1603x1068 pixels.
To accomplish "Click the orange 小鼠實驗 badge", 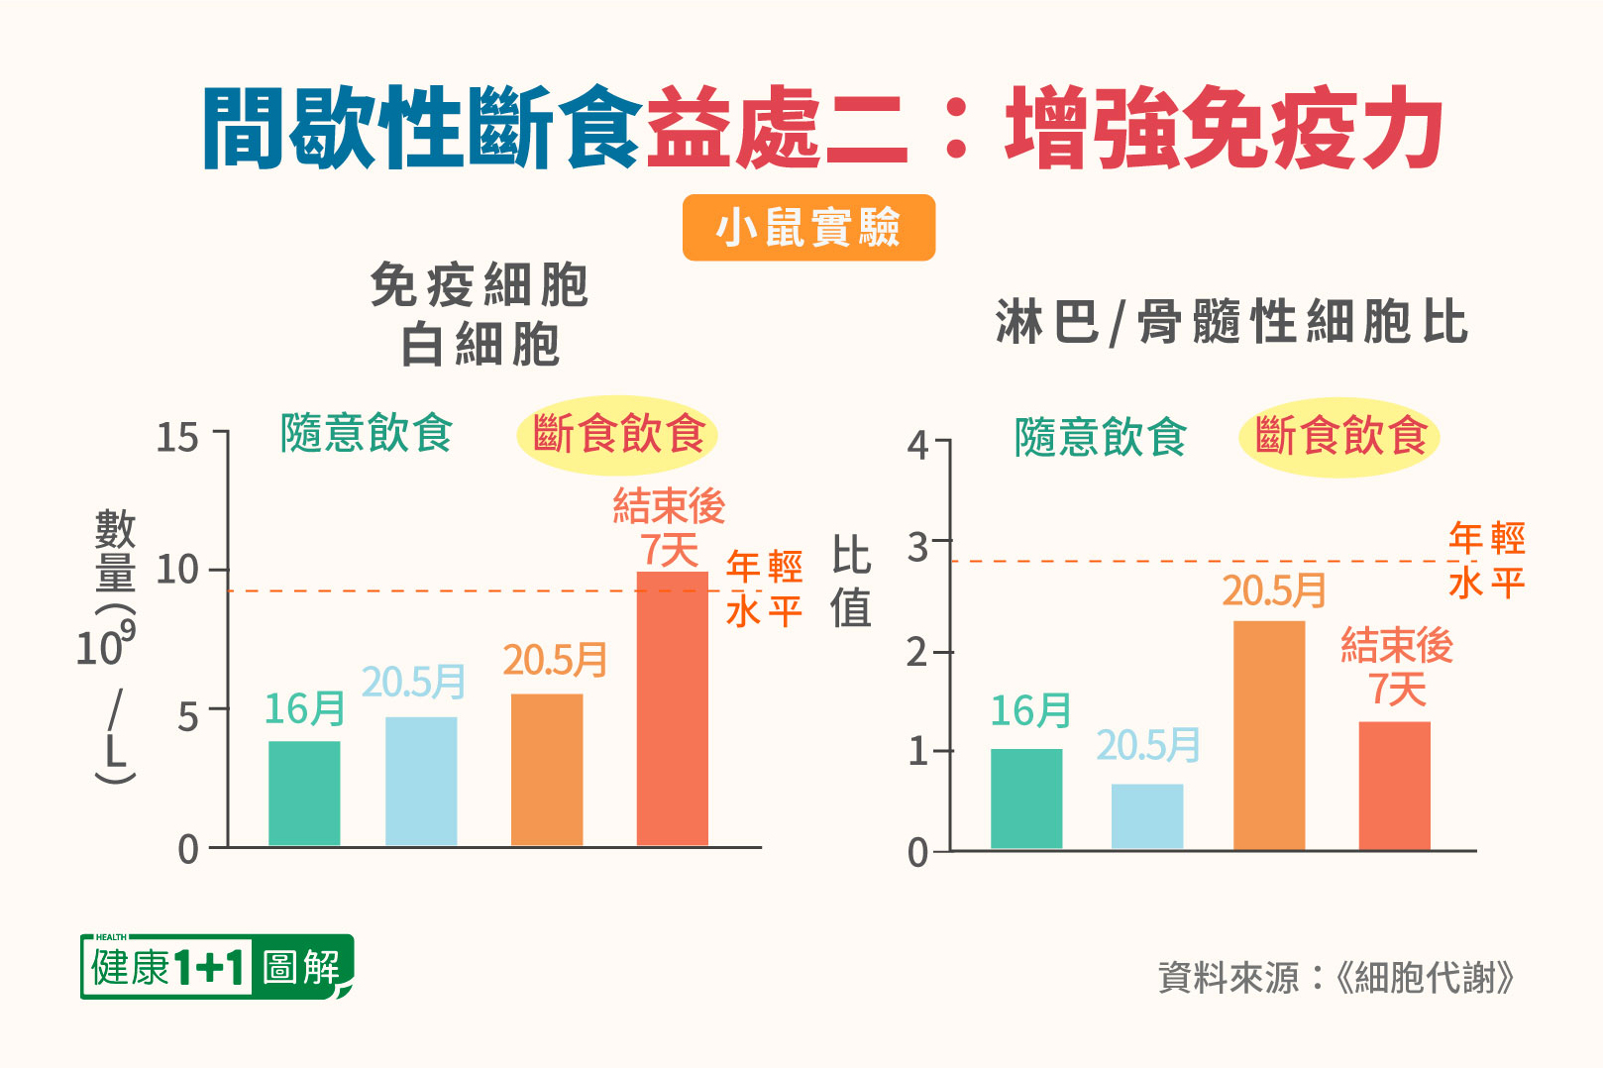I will tap(808, 228).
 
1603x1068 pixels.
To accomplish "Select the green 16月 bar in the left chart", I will tap(304, 793).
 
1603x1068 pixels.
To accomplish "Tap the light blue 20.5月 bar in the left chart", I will tap(421, 781).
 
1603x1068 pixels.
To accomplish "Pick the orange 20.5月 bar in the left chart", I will tap(547, 770).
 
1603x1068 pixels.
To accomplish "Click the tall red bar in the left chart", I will tap(672, 708).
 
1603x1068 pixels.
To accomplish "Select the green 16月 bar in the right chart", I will tap(1026, 799).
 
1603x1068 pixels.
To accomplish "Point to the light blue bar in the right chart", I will tap(1147, 816).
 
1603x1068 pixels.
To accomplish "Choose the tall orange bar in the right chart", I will tap(1269, 735).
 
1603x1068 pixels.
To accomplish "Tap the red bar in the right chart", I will tap(1394, 785).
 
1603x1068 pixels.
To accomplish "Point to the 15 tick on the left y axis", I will tap(178, 437).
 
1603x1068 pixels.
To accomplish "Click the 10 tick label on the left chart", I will tap(178, 570).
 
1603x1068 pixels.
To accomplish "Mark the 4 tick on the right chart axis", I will tap(918, 445).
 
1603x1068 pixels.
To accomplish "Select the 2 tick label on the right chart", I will tap(918, 653).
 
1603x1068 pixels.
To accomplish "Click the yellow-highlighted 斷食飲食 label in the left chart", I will tap(617, 434).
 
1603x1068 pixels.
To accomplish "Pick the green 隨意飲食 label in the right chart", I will tap(1100, 437).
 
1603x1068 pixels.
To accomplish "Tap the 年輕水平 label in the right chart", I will tap(1486, 561).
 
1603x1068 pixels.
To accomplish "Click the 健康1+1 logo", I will tap(216, 967).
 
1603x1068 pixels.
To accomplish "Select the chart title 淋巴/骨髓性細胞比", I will tap(1231, 322).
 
